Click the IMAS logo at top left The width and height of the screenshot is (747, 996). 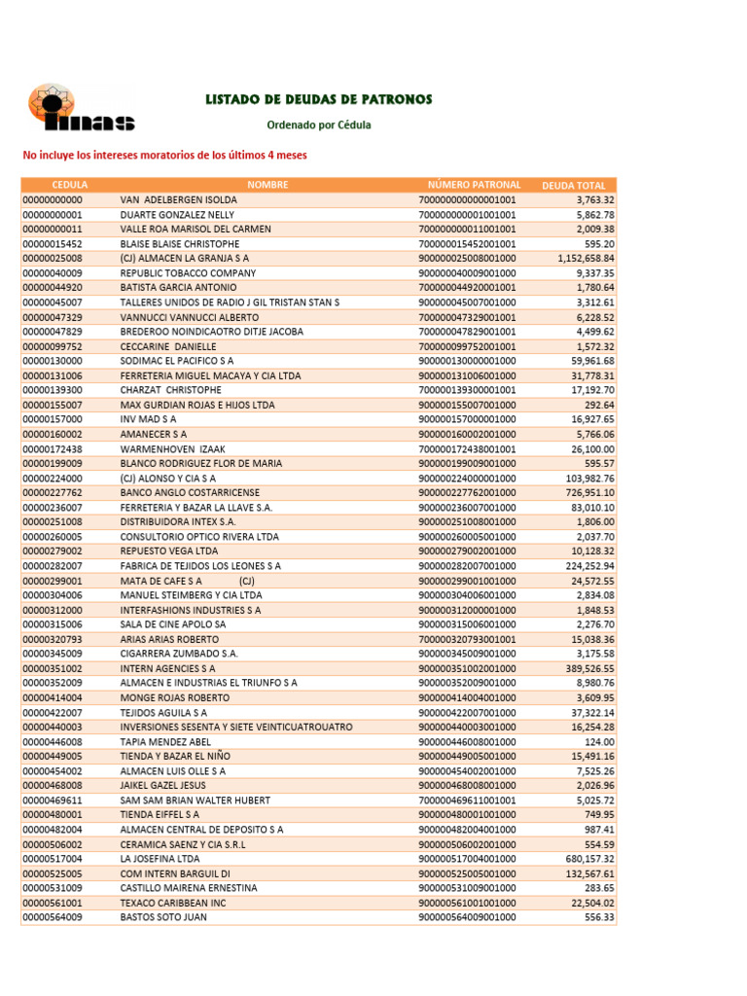coord(80,110)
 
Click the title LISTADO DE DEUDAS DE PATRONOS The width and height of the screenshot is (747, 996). coord(319,99)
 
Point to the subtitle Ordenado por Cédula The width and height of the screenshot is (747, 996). coord(319,125)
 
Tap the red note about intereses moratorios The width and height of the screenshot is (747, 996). coord(164,155)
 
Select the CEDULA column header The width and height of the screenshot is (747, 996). coord(69,185)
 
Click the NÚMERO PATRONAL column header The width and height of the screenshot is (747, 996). coord(474,185)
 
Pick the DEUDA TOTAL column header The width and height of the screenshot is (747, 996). coord(574,185)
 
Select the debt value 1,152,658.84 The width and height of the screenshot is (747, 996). coord(586,259)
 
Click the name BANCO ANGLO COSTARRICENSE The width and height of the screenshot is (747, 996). coord(190,493)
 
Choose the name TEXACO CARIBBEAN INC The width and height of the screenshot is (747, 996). coord(173,903)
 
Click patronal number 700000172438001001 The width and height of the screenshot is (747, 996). coord(467,449)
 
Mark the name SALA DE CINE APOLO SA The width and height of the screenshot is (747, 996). coord(173,624)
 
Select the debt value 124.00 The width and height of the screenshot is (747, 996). coord(598,742)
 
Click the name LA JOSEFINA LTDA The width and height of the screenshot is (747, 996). coord(160,859)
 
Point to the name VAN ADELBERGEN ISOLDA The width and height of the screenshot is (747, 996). coord(178,199)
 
